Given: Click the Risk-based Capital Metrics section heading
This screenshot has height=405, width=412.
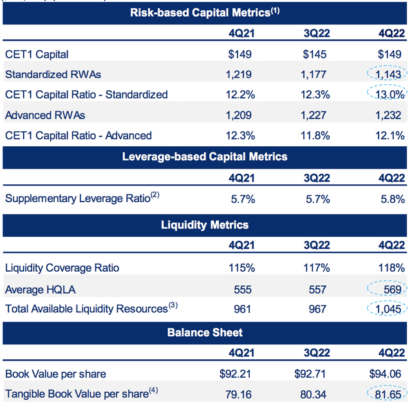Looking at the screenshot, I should click(205, 12).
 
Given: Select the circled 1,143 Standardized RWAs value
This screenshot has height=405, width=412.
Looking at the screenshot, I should click(389, 74).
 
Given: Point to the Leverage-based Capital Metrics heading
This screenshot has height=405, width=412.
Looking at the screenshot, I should click(205, 156).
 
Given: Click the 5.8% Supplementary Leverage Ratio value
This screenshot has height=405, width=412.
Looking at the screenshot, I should click(391, 198).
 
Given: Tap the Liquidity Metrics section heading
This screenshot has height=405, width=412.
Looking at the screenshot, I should click(205, 225).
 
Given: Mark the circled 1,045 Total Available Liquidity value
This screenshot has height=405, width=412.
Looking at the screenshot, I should click(389, 309).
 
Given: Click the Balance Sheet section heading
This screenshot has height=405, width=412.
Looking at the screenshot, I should click(205, 333).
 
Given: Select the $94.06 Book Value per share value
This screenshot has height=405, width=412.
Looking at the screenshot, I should click(386, 373).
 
